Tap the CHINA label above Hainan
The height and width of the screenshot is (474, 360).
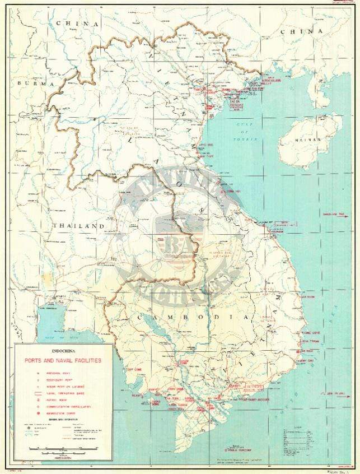(301, 31)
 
